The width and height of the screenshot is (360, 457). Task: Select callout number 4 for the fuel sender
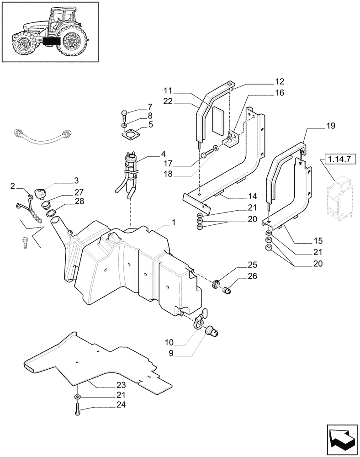pyautogui.click(x=150, y=154)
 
